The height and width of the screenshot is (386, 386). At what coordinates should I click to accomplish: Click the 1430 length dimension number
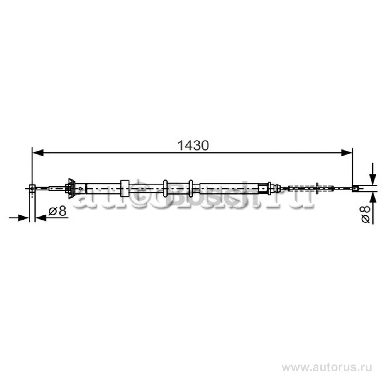click(x=193, y=145)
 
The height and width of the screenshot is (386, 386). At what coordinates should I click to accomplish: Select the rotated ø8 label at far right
click(x=366, y=213)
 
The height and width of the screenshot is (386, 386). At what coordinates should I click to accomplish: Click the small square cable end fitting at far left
click(x=32, y=188)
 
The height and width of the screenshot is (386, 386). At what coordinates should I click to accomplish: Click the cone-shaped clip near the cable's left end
click(x=70, y=188)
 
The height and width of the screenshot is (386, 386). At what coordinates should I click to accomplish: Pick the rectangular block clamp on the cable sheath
click(x=125, y=188)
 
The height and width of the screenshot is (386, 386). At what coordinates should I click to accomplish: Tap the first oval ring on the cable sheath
click(x=165, y=188)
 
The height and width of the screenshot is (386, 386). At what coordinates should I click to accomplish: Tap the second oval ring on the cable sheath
click(x=191, y=188)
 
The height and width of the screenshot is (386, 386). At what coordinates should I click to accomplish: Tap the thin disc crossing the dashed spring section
click(x=317, y=188)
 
